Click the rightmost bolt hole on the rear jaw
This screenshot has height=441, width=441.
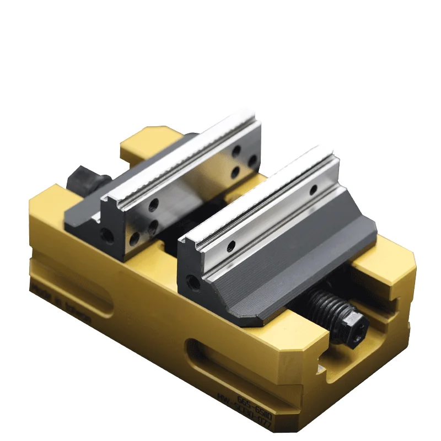click(x=253, y=160)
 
